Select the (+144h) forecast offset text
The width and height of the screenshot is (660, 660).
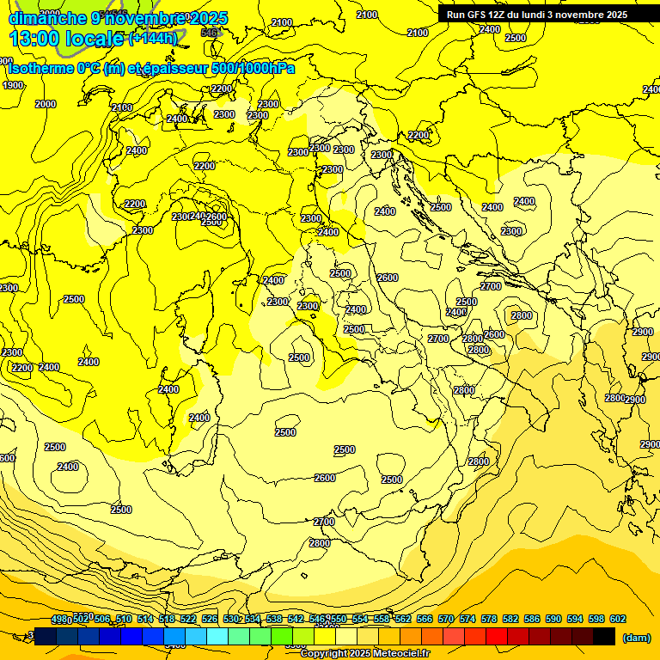pyautogui.click(x=153, y=38)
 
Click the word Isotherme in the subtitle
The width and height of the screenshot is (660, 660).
pyautogui.click(x=44, y=69)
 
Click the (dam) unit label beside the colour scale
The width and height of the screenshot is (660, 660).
pyautogui.click(x=636, y=637)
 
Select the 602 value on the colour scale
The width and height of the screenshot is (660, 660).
pyautogui.click(x=617, y=619)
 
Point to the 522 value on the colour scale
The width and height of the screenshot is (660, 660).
pyautogui.click(x=189, y=619)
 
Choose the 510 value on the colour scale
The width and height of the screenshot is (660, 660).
pyautogui.click(x=124, y=619)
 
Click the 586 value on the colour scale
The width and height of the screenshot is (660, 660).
pyautogui.click(x=532, y=619)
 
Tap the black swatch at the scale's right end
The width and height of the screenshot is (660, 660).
pyautogui.click(x=604, y=636)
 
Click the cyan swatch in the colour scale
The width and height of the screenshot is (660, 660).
pyautogui.click(x=217, y=636)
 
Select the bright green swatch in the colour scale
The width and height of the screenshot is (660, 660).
pyautogui.click(x=282, y=636)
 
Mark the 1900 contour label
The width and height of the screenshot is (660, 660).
pyautogui.click(x=13, y=85)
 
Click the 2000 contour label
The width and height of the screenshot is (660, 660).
pyautogui.click(x=46, y=104)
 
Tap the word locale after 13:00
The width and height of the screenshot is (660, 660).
pyautogui.click(x=95, y=38)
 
